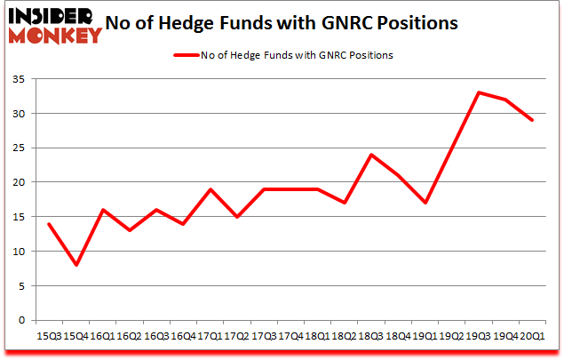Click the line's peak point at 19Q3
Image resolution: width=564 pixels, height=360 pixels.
(479, 92)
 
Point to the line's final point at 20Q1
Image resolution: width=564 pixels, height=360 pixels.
(532, 120)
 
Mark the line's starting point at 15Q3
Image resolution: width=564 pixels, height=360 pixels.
(48, 223)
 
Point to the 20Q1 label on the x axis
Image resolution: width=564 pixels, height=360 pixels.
(532, 338)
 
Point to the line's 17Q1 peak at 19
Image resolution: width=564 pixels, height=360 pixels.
(210, 188)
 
